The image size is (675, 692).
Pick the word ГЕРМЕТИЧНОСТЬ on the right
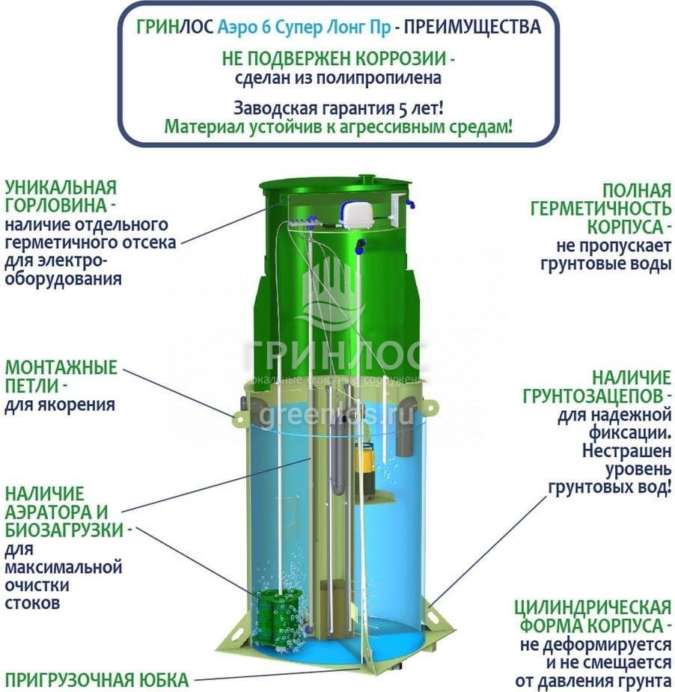601,209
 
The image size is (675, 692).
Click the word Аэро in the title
236,28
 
